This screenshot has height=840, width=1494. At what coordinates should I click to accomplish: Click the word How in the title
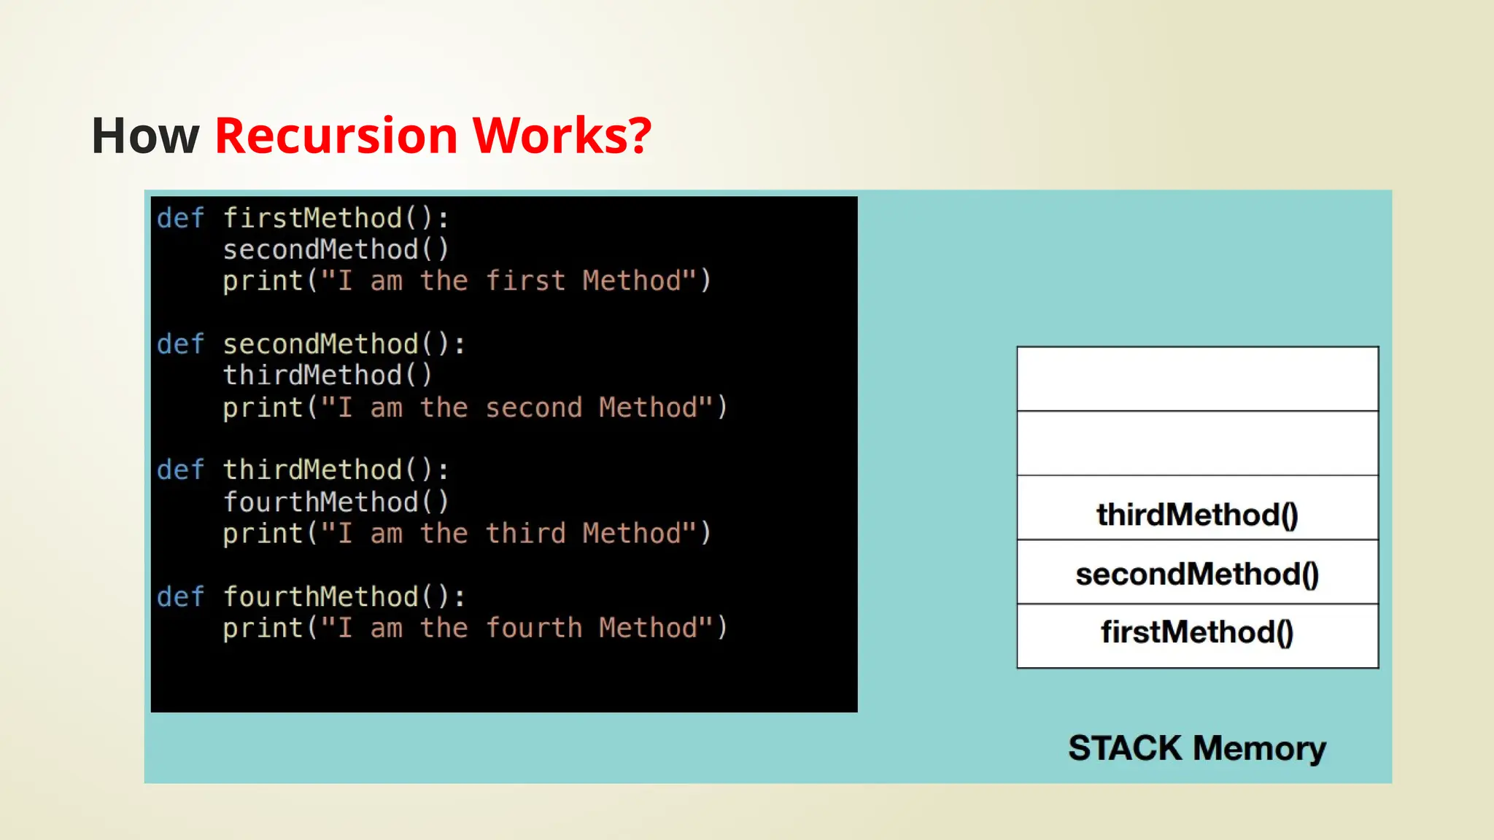pos(145,136)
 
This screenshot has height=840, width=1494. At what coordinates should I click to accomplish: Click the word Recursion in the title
pos(336,136)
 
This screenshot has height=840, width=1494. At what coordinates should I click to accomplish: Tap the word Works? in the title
pos(562,136)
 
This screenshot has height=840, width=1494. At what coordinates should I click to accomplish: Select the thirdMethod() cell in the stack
pos(1197,514)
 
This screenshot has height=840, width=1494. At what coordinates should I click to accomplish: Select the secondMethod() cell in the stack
pos(1197,574)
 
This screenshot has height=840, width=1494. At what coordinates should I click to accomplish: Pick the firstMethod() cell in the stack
pos(1197,632)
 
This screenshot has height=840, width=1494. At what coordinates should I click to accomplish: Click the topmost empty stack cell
pos(1197,379)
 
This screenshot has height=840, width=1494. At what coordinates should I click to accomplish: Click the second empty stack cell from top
pos(1197,443)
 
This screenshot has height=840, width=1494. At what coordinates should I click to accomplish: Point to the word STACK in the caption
pos(1124,748)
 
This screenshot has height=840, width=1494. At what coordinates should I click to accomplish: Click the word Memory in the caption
pos(1260,748)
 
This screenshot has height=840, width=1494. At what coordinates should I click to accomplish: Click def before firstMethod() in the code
pos(180,218)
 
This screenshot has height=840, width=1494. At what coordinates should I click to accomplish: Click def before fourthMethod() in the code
pos(180,596)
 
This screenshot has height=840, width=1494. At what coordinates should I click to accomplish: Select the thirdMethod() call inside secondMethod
pos(328,376)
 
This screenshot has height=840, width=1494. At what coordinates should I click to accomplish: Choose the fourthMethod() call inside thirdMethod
pos(336,502)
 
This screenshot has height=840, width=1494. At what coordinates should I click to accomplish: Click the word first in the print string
pos(525,281)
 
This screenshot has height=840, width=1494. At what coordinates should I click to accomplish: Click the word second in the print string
pos(533,408)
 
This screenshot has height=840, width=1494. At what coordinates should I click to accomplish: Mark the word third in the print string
pos(525,534)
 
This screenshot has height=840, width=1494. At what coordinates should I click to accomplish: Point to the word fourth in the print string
pos(533,629)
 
